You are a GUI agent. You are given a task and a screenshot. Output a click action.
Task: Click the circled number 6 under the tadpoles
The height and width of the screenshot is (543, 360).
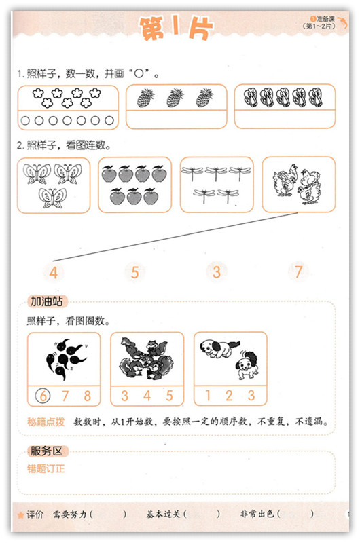(43, 396)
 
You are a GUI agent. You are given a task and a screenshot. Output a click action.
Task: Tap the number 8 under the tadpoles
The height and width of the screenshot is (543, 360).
(88, 396)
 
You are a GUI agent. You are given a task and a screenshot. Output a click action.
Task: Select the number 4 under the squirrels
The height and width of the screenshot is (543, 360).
(147, 396)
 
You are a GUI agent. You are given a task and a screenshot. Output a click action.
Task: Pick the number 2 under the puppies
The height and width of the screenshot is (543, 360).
(229, 395)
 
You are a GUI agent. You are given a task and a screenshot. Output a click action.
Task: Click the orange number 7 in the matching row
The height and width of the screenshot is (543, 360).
(298, 272)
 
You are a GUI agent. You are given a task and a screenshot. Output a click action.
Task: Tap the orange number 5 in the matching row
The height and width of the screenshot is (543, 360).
(134, 272)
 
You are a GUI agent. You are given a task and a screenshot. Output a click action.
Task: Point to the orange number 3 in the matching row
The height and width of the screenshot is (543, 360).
(217, 272)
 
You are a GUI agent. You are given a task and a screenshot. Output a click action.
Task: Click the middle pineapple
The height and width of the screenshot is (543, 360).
(175, 97)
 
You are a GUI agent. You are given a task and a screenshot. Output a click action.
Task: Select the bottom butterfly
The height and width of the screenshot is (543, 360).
(52, 198)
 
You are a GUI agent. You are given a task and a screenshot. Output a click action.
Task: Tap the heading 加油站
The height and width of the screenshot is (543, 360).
(47, 301)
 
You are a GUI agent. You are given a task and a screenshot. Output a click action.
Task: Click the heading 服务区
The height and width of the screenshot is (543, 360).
(46, 451)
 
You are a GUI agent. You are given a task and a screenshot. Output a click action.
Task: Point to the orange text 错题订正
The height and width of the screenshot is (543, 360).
(46, 468)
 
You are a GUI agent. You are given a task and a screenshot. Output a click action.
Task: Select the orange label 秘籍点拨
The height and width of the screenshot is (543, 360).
(46, 422)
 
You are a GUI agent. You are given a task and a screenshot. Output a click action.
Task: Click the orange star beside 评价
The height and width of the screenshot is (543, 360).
(20, 515)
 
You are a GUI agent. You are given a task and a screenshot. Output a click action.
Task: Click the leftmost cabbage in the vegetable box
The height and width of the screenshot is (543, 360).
(249, 97)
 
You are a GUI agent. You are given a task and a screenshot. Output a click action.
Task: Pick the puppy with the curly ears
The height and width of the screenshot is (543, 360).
(247, 364)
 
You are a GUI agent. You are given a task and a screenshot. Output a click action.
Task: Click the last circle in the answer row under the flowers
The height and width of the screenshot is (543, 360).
(109, 120)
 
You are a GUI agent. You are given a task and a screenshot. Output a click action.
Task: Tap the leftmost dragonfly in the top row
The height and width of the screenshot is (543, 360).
(192, 173)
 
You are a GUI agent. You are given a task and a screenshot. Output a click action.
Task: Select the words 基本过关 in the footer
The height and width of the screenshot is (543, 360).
(163, 514)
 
